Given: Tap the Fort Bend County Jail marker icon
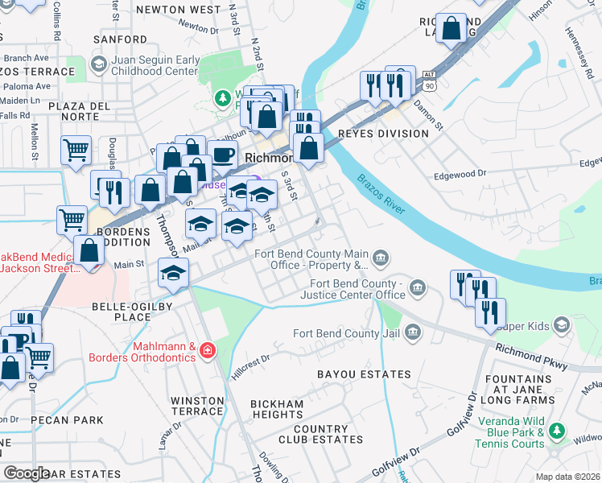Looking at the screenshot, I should point(412,332).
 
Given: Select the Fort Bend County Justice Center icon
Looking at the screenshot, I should point(417,287).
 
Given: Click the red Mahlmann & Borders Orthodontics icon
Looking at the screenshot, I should point(208,350).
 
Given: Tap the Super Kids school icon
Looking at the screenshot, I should point(561,325).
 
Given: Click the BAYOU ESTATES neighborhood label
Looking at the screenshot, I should point(363,374).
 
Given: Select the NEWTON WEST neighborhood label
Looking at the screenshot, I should point(178,10).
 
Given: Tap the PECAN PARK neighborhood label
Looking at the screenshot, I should point(67,420).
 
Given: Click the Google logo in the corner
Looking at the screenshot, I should point(27,473).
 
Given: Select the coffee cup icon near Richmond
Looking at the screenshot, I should point(225,154).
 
